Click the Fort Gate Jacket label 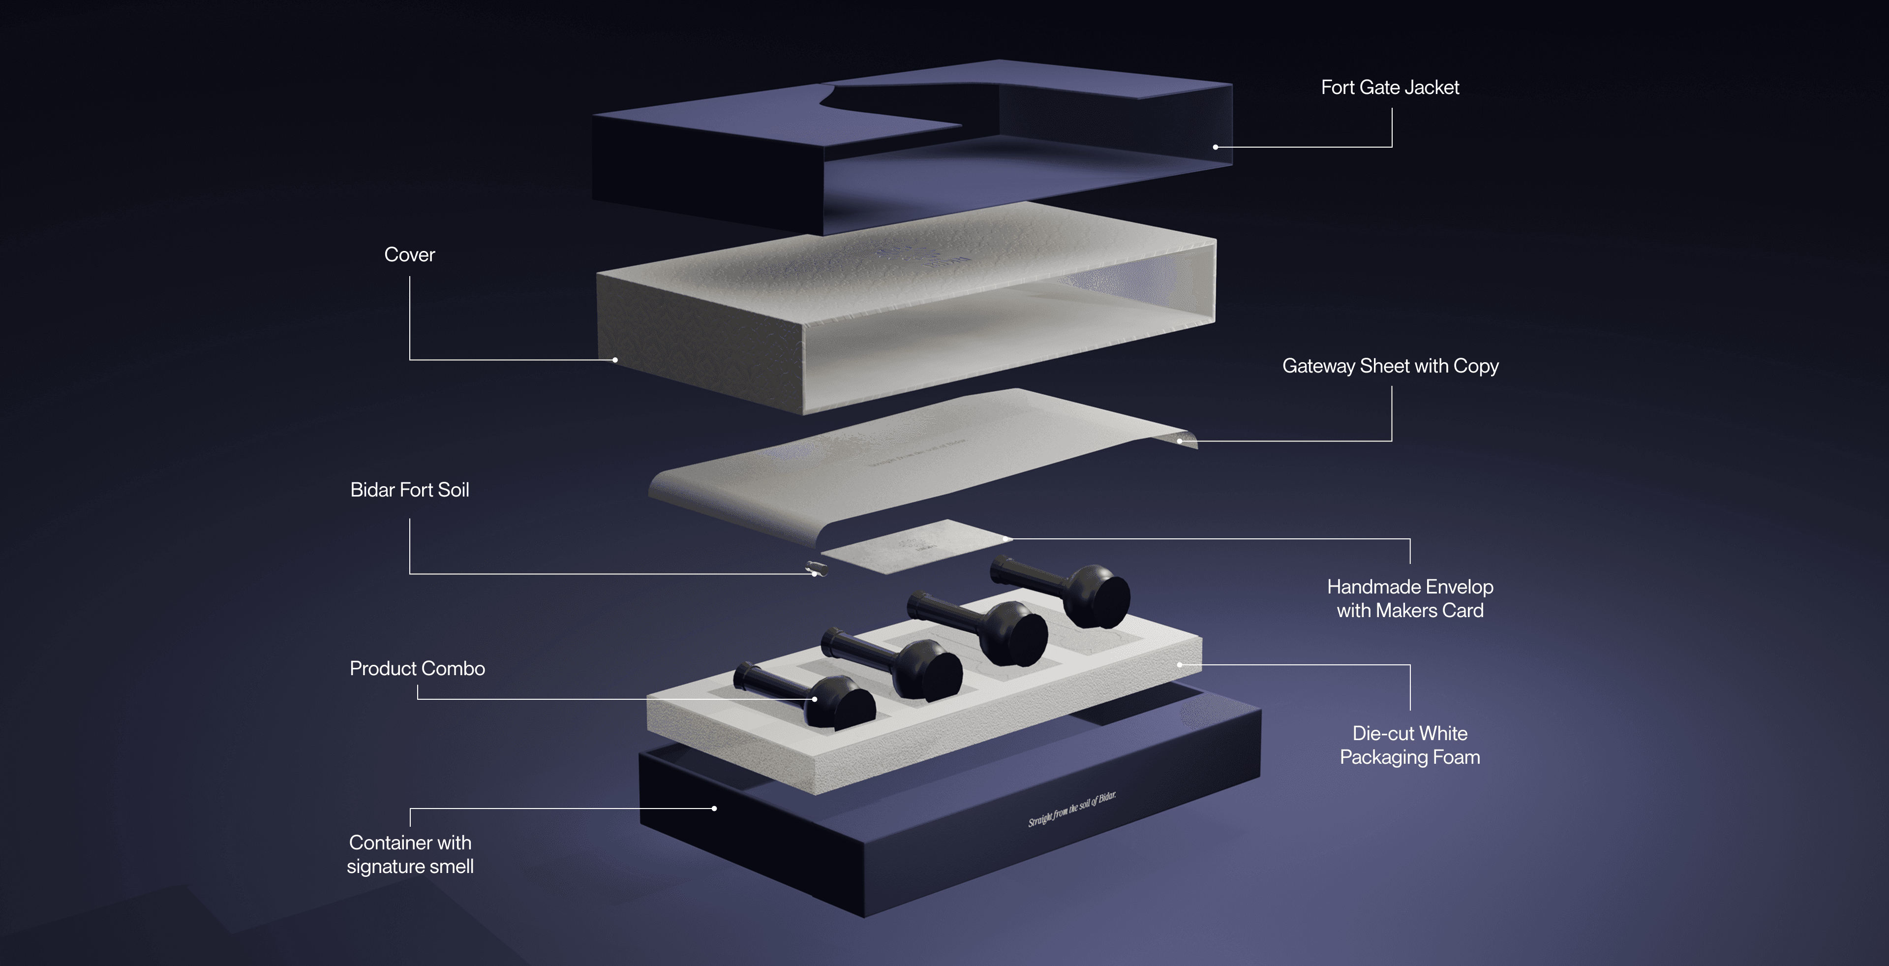[1390, 87]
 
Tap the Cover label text [409, 254]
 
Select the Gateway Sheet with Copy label [1390, 366]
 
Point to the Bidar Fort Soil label [409, 490]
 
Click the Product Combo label [417, 668]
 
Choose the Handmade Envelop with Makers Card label [1409, 598]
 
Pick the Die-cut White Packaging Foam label [1409, 745]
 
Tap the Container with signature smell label [410, 854]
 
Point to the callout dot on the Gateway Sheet [1179, 441]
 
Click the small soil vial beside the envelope [816, 568]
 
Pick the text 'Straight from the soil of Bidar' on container [1071, 809]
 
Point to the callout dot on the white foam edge [1179, 664]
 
